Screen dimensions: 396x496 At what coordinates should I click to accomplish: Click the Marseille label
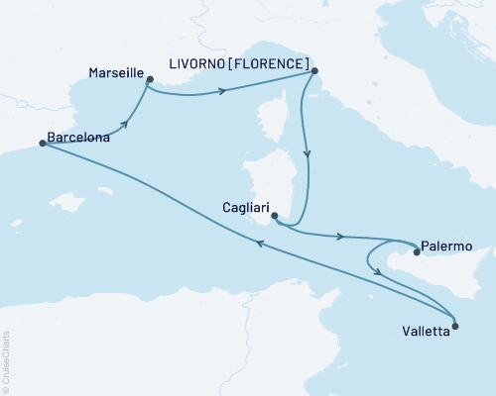click(x=115, y=74)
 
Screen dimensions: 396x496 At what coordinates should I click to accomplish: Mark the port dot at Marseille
click(x=150, y=79)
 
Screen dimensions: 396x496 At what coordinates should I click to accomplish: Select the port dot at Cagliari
click(x=273, y=219)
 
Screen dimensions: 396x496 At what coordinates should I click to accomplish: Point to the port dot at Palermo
click(x=417, y=252)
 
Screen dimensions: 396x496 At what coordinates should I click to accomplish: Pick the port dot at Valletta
click(x=455, y=324)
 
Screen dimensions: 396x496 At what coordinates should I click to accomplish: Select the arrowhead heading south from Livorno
click(x=308, y=155)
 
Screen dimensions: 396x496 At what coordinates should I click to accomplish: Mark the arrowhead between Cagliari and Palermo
click(x=342, y=237)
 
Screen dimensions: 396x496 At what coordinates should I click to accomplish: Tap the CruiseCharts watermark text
click(x=7, y=361)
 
